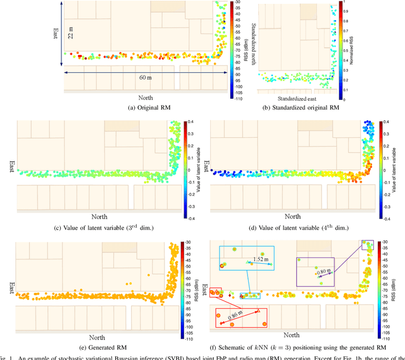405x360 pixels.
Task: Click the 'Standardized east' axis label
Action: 297,99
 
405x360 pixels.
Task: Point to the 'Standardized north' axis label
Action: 254,48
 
